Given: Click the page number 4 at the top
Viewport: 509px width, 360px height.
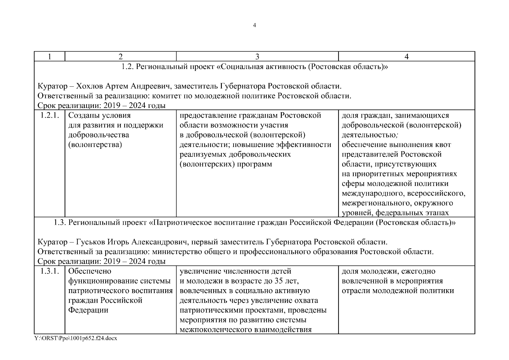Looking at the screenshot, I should coord(255,25).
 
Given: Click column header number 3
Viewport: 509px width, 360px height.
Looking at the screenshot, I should coord(257,56).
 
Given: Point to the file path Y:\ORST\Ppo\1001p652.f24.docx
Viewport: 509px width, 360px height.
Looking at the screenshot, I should coord(76,338).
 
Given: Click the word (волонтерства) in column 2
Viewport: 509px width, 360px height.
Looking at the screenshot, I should coord(95,145).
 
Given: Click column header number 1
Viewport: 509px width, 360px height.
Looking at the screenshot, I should coord(49,56).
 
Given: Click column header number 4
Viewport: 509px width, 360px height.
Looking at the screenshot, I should coord(406,56).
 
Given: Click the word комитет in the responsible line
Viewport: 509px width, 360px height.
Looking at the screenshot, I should coord(165,96).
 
